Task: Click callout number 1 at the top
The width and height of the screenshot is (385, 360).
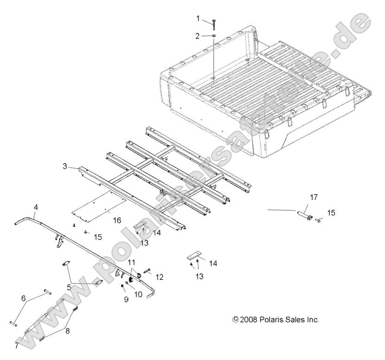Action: point(198,19)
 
